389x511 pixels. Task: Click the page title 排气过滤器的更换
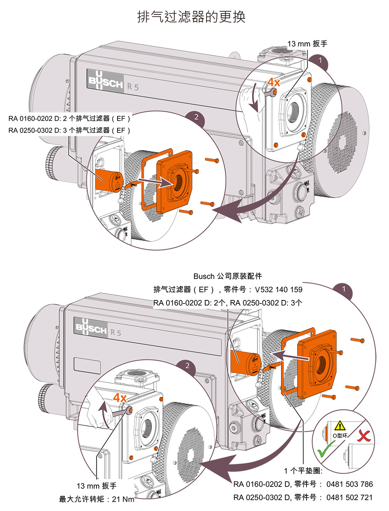[x=191, y=17]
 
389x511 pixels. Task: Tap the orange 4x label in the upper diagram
[x=273, y=82]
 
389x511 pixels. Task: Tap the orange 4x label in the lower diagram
[x=119, y=398]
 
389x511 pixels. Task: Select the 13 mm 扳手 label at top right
[x=307, y=44]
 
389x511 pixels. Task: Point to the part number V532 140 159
[x=279, y=290]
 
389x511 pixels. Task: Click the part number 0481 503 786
[x=349, y=484]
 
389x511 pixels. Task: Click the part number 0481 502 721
[x=349, y=497]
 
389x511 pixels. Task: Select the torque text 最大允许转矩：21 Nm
[x=96, y=499]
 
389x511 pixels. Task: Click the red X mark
[x=364, y=436]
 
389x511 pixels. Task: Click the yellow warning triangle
[x=340, y=426]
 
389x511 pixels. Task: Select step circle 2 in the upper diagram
[x=196, y=117]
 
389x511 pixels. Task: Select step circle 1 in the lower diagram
[x=343, y=289]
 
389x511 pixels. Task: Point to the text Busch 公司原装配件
[x=228, y=276]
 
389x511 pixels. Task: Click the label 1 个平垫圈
[x=303, y=471]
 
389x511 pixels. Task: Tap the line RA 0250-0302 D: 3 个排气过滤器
[x=70, y=130]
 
